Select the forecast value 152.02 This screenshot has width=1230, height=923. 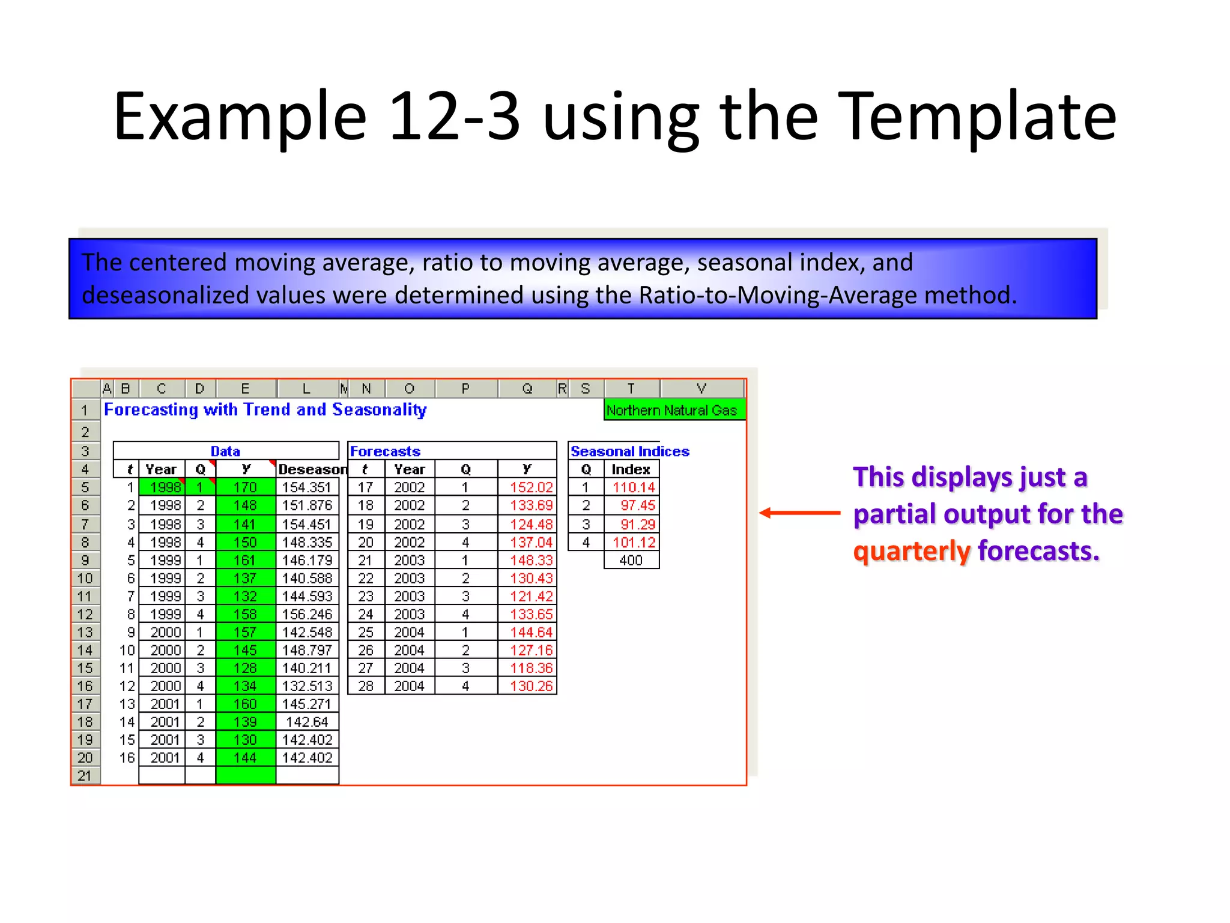tap(531, 487)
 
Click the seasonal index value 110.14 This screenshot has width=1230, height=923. tap(634, 487)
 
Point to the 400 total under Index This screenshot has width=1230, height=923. tap(631, 560)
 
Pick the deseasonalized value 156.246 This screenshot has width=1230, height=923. tap(307, 614)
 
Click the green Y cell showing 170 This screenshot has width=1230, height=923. tap(245, 487)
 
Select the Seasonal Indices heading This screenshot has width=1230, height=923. tap(629, 451)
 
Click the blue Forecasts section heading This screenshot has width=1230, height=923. tap(385, 451)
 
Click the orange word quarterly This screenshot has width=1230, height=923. tap(911, 551)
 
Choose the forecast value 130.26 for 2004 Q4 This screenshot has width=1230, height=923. tap(531, 686)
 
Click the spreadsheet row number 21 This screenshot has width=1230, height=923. tap(85, 776)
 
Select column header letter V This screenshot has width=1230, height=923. tap(701, 389)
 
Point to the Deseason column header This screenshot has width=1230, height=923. tap(312, 469)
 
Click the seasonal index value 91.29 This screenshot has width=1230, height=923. tap(637, 524)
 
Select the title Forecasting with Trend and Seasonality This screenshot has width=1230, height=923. tap(265, 410)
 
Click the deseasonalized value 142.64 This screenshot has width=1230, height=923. tap(307, 722)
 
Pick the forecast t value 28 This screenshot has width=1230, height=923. tap(366, 686)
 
